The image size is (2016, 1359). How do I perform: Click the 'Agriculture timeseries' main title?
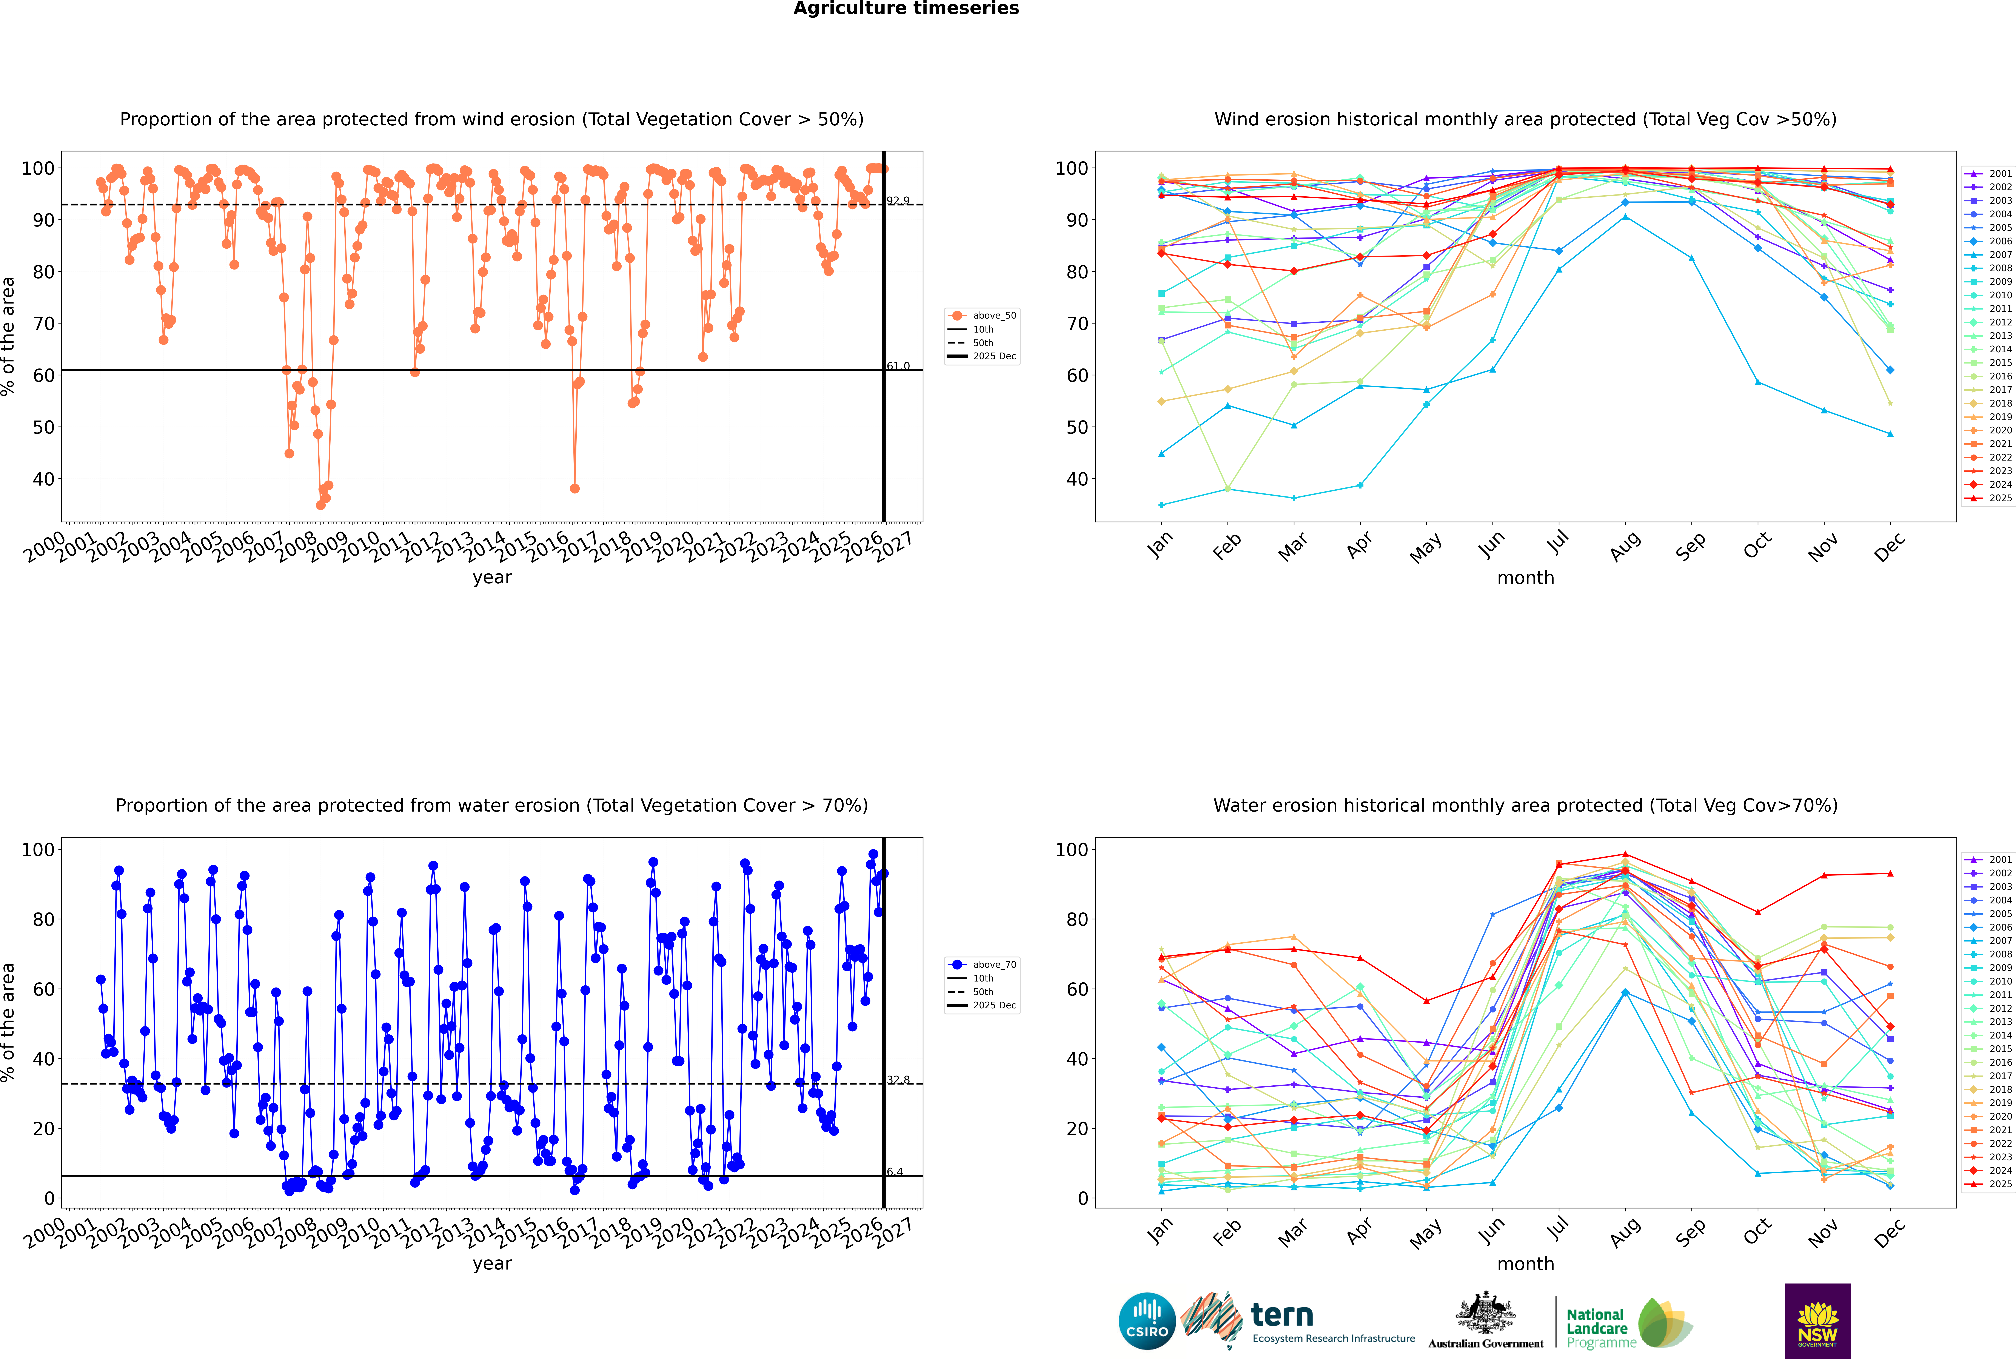coord(906,9)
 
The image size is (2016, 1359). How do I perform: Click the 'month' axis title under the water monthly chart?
coord(1525,1264)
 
